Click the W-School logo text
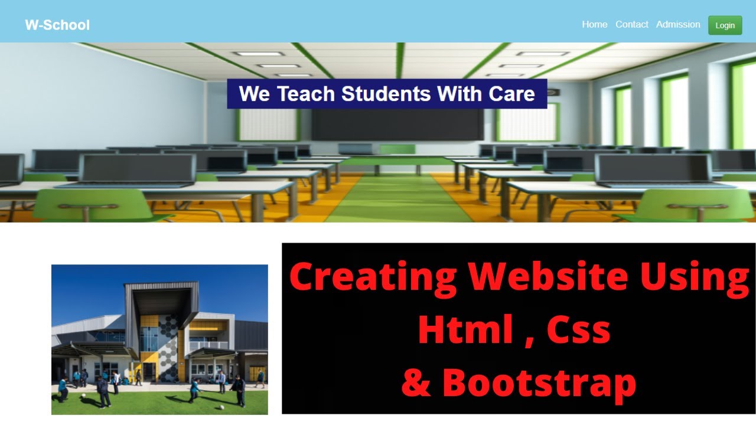(57, 25)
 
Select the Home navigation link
(594, 24)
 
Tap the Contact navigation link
(631, 24)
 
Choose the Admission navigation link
(678, 24)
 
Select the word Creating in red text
(373, 276)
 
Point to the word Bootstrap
(539, 382)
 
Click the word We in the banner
(254, 94)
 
